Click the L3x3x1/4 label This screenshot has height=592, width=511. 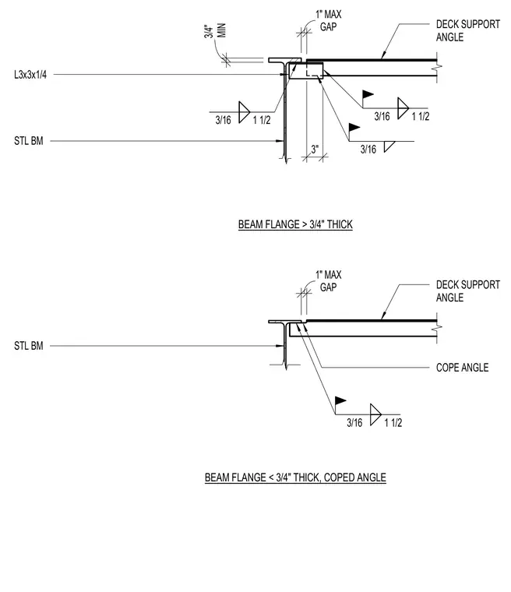[x=30, y=75]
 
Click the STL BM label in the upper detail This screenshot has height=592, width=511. [x=29, y=141]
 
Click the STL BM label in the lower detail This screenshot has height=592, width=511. [x=29, y=345]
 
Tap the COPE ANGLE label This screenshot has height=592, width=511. [x=462, y=368]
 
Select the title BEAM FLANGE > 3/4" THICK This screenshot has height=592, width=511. [x=295, y=224]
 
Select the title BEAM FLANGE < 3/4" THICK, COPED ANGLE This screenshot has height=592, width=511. [x=295, y=477]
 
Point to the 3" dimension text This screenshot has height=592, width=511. [x=315, y=149]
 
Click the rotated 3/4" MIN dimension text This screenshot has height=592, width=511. [x=215, y=31]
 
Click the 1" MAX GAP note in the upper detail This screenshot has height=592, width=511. [x=329, y=20]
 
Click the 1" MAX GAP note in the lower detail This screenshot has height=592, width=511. [x=329, y=281]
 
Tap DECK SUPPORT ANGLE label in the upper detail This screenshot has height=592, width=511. [x=468, y=30]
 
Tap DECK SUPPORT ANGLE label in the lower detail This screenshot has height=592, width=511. [x=468, y=291]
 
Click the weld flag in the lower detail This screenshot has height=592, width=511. [x=340, y=400]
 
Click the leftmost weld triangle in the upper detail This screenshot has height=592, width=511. [x=244, y=112]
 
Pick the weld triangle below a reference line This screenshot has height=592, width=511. [x=389, y=146]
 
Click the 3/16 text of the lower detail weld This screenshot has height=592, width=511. [x=354, y=422]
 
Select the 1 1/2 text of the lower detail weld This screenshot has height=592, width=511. [x=393, y=422]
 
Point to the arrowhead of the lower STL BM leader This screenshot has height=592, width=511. [x=280, y=345]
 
